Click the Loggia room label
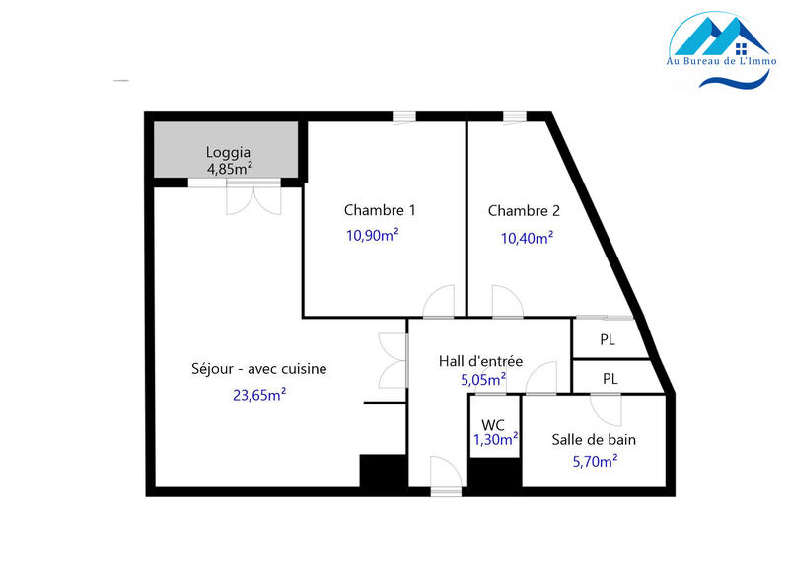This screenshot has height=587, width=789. tap(228, 153)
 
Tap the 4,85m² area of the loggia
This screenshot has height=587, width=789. tap(228, 169)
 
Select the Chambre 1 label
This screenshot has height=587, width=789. tap(380, 210)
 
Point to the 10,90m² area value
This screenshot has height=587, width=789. tap(372, 235)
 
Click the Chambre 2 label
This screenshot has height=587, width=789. tap(524, 210)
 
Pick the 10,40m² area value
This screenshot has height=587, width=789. tap(527, 237)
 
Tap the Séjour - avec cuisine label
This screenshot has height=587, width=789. tap(258, 369)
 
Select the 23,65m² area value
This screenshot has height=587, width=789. tap(258, 395)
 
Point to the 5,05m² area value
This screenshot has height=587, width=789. tap(483, 378)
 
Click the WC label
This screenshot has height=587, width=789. tap(493, 424)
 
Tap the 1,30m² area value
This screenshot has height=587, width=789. tap(496, 441)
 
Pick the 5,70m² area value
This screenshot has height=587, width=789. tap(595, 459)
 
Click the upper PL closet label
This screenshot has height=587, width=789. tap(609, 340)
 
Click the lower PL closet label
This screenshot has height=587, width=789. tap(610, 378)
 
